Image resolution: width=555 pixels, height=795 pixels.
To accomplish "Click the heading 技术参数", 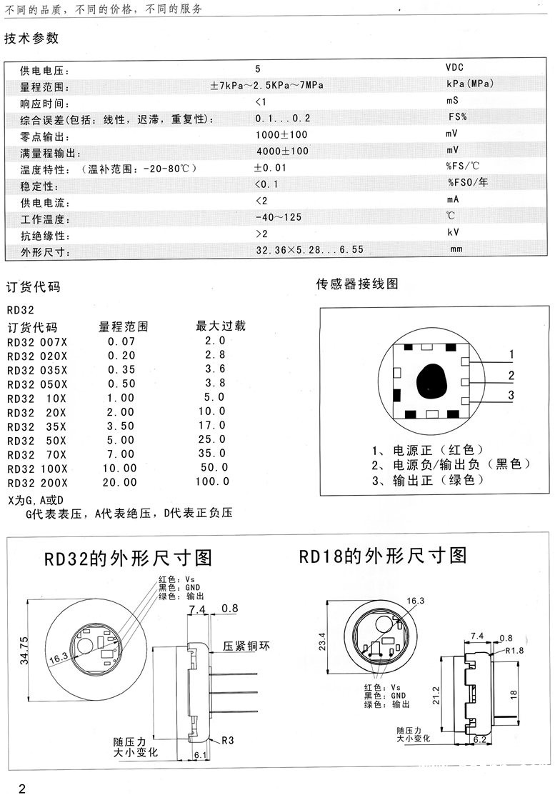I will (31, 39).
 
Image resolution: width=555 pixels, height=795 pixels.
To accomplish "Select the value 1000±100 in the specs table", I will (281, 134).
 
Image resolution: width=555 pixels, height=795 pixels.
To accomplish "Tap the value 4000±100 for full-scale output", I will (282, 151).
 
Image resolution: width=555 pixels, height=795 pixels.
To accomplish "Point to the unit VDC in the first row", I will (455, 68).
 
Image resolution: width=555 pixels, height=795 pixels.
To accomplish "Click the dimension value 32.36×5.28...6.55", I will (310, 250).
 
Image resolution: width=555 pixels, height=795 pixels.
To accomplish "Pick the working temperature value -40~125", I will (279, 216).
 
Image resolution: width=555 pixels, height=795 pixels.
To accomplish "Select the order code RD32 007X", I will (37, 341).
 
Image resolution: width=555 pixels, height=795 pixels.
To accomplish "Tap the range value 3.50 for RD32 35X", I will (121, 426).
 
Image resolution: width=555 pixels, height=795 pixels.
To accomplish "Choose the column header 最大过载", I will (221, 326).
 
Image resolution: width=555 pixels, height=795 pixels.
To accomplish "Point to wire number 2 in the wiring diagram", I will (511, 376).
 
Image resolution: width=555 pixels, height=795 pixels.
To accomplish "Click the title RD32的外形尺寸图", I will (129, 557).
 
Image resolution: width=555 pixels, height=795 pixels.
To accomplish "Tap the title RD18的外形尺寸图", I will (382, 556).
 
